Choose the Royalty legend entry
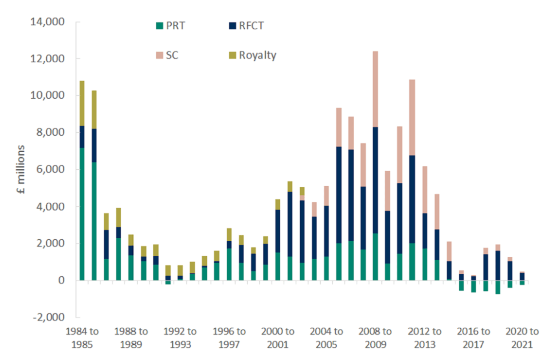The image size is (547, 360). coord(257,56)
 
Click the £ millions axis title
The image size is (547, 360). coord(20,170)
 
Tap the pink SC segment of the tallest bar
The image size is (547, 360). coord(375,89)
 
